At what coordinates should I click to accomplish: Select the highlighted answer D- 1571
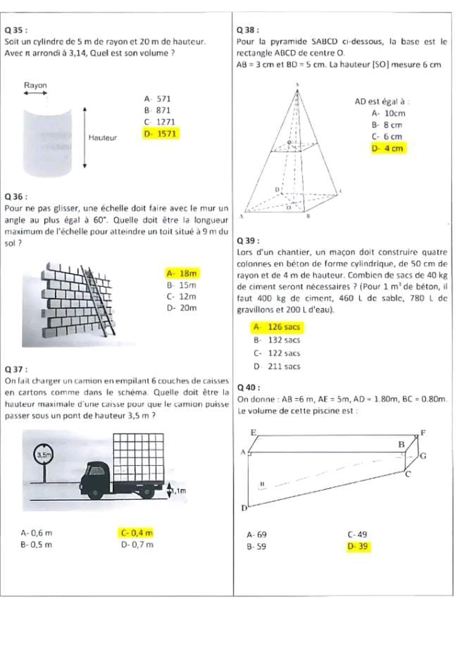point(160,132)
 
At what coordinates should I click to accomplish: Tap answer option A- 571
point(157,99)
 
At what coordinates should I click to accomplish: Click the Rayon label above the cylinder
point(36,85)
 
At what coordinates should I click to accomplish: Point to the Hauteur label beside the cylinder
point(103,137)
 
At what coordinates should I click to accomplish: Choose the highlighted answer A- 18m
point(181,273)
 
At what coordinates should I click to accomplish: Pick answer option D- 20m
point(181,308)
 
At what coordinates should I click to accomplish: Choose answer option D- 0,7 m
point(137,544)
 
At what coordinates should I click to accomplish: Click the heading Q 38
point(250,30)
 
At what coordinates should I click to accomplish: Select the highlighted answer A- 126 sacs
point(277,327)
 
